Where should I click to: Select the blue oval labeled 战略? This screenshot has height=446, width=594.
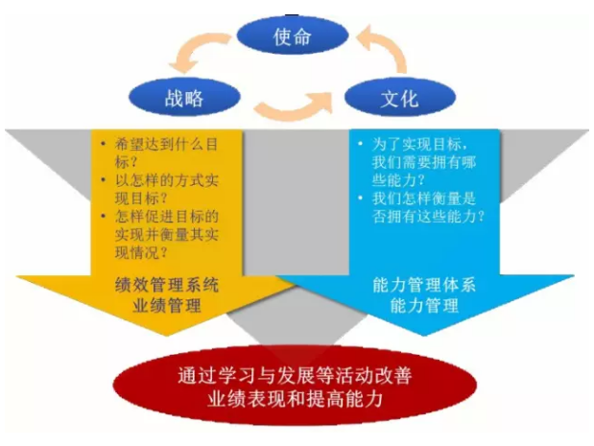point(185,97)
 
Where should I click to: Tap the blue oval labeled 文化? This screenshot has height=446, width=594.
point(399,97)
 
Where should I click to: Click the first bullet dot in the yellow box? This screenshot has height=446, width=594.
point(103,145)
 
